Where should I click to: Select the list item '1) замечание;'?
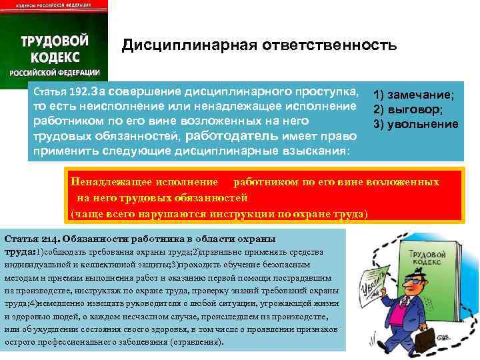click(414, 95)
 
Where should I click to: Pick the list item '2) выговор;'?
click(408, 110)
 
